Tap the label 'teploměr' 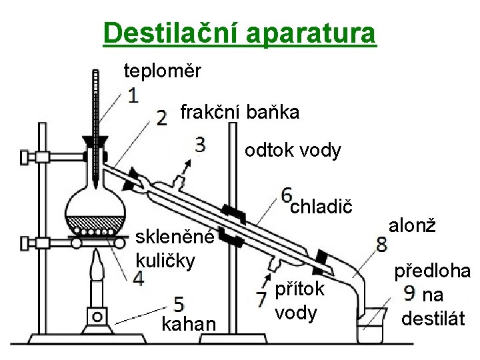(162, 70)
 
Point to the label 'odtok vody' (293, 151)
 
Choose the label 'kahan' (189, 324)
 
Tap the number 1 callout (133, 96)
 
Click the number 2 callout (161, 119)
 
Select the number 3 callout (200, 145)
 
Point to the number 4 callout (139, 279)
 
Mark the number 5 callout (178, 304)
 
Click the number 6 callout (287, 195)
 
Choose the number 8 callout (382, 243)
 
